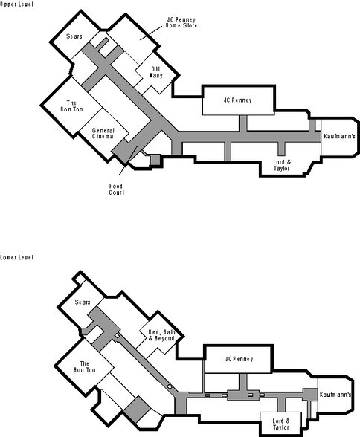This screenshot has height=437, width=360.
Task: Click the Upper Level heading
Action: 16,4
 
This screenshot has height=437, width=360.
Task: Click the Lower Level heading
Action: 16,257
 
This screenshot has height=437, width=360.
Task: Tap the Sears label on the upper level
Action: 74,36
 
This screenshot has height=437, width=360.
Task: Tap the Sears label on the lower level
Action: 83,302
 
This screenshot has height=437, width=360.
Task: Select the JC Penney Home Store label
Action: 181,22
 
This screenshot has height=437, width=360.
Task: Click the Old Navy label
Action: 156,72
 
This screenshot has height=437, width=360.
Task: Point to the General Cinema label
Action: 103,133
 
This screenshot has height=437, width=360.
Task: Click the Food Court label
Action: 116,190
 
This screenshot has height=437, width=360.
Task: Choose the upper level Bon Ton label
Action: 71,106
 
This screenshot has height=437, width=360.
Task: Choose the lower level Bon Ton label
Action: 84,367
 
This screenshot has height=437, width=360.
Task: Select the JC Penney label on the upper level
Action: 237,100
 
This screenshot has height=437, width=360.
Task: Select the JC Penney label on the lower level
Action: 239,359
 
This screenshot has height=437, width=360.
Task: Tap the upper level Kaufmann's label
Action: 339,136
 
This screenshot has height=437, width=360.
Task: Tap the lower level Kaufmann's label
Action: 335,395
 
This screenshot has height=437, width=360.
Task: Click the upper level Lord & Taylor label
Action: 282,165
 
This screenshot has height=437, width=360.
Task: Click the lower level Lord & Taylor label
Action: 281,424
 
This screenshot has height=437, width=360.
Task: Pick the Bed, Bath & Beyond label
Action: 161,335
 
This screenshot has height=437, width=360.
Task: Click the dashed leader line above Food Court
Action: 128,161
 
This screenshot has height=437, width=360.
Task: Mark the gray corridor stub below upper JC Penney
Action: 243,123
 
